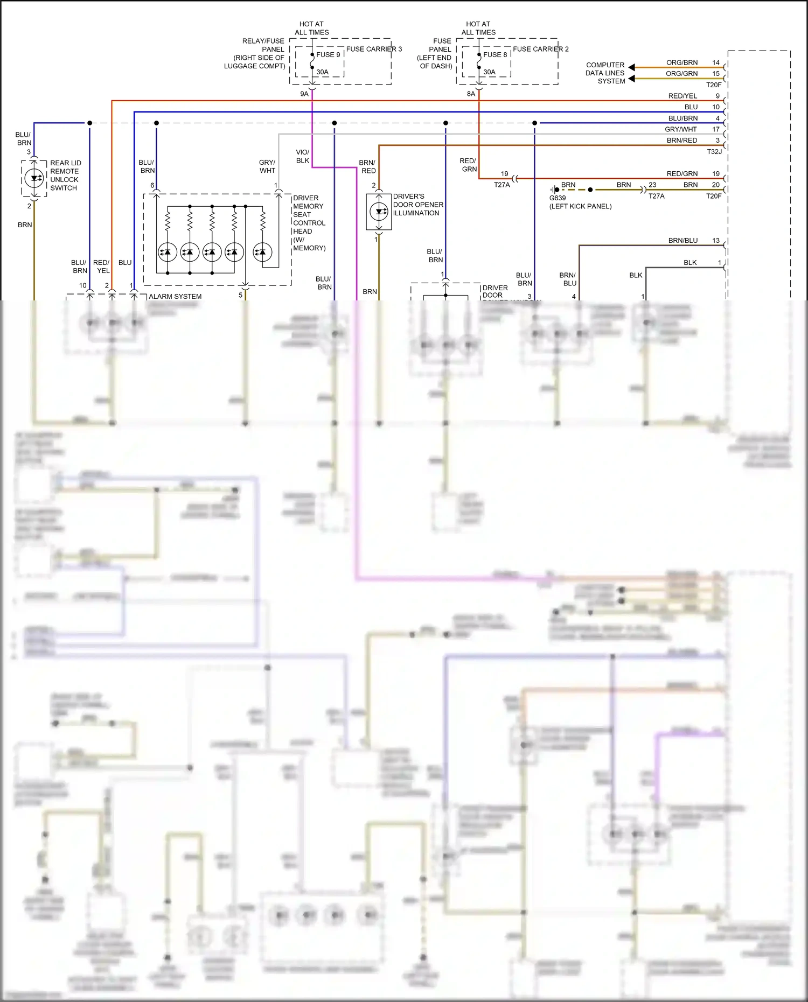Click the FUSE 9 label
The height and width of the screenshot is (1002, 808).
tap(328, 54)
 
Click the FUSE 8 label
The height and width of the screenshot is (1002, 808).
tap(495, 54)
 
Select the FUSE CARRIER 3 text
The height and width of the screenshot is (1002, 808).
tap(374, 49)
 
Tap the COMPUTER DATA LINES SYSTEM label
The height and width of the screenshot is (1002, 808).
tap(605, 73)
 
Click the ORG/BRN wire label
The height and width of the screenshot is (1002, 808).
tap(681, 62)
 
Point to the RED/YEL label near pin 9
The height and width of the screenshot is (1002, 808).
tap(682, 96)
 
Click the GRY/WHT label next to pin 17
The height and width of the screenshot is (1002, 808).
tap(680, 129)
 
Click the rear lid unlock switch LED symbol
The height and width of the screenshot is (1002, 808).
tap(34, 178)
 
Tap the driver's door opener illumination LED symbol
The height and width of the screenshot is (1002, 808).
tap(379, 212)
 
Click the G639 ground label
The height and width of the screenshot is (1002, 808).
tap(558, 198)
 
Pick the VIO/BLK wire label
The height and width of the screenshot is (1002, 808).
tap(303, 156)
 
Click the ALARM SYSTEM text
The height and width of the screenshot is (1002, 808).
tap(175, 297)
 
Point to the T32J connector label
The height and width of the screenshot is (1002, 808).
tap(714, 152)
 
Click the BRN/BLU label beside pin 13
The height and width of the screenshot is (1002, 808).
tap(682, 241)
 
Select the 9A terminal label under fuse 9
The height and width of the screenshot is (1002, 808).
tap(304, 94)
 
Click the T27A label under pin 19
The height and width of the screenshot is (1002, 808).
tap(501, 185)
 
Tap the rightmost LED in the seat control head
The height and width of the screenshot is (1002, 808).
tap(262, 251)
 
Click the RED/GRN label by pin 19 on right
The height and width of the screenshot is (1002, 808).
tap(681, 173)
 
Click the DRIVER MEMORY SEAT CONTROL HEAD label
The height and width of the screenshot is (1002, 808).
tap(309, 223)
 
